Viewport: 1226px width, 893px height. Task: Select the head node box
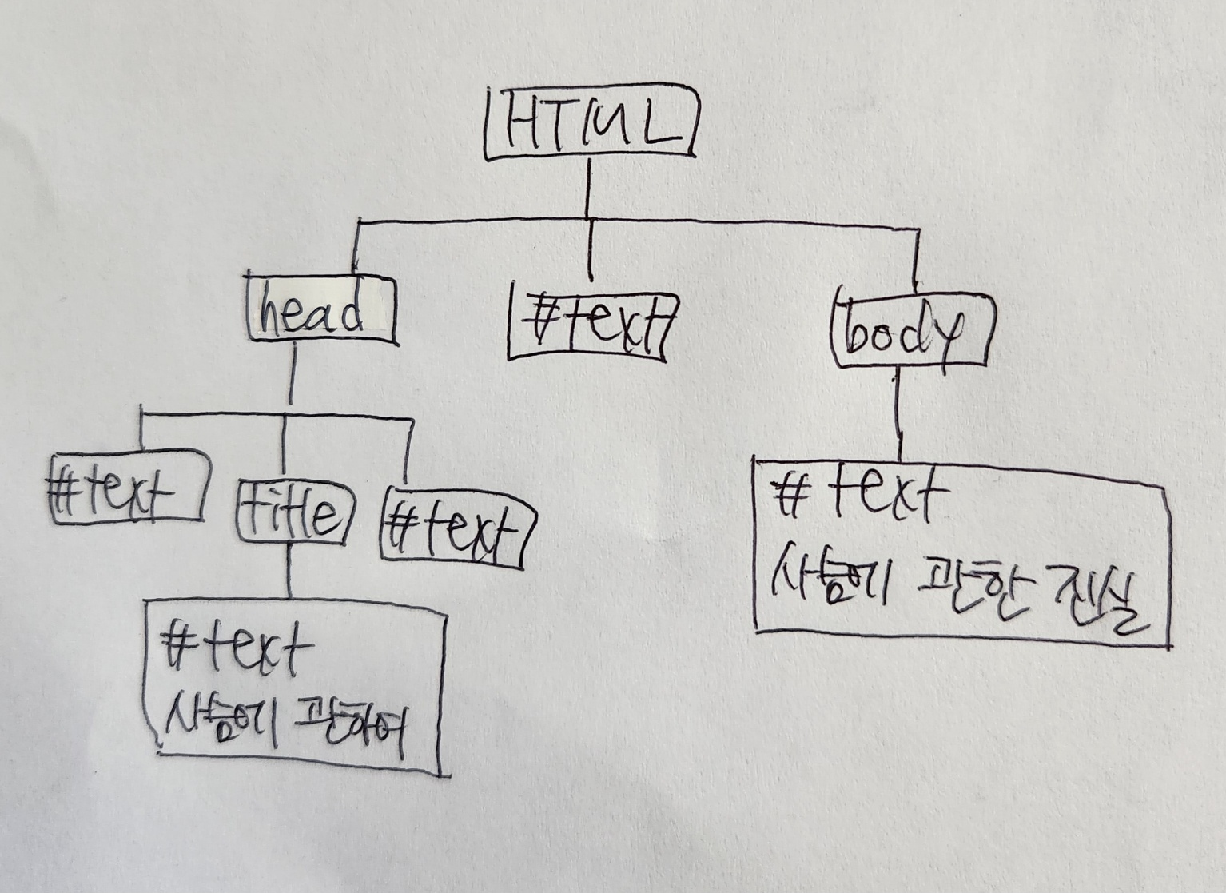tap(321, 310)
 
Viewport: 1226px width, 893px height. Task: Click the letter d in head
tap(350, 313)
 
